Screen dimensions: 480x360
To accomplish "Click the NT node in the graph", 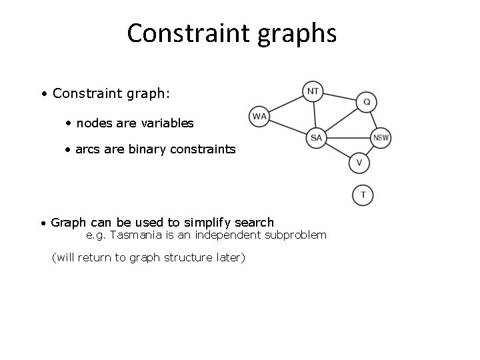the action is [x=313, y=91].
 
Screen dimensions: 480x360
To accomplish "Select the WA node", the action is [x=259, y=116].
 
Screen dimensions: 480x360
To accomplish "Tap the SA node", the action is [x=316, y=138].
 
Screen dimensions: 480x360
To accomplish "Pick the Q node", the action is [x=367, y=102].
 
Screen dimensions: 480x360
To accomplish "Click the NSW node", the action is [x=381, y=138].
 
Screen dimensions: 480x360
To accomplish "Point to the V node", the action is [x=359, y=163].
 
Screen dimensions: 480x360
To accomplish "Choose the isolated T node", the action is [x=363, y=195].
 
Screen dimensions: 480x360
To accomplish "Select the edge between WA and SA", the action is [x=287, y=127].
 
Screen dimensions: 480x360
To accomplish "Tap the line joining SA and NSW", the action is [x=348, y=138].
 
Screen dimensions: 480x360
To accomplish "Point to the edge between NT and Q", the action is [x=340, y=97].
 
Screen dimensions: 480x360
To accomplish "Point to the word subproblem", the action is [x=295, y=235].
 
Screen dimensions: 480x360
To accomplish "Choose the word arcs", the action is [x=87, y=149].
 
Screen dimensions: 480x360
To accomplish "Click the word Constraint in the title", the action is [x=186, y=33].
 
